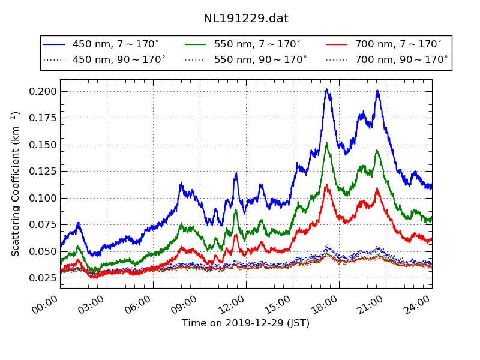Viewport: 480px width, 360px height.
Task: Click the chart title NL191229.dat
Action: click(245, 19)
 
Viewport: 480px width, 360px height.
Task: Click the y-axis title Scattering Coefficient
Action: click(16, 184)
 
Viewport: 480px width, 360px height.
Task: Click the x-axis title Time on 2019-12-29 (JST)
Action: click(245, 323)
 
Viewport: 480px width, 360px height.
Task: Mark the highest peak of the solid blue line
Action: click(326, 89)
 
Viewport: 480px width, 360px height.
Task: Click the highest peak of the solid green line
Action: click(326, 143)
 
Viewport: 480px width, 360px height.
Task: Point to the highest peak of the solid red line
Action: click(326, 185)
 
